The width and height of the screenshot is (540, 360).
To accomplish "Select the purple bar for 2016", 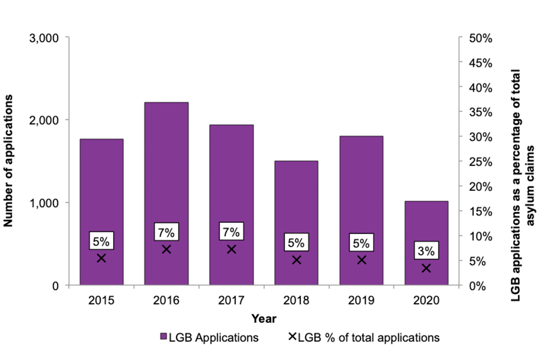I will tap(166, 169).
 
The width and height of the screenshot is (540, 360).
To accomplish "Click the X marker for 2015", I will tap(101, 258).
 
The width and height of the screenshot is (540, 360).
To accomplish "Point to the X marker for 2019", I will tap(362, 260).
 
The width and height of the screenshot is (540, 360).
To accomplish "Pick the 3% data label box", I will tap(426, 250).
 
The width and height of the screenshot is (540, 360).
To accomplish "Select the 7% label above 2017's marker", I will tap(231, 231).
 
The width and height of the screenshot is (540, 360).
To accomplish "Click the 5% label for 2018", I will tap(296, 243).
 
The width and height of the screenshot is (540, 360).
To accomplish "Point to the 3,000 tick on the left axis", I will tap(44, 38).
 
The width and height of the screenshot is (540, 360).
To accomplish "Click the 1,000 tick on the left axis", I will tap(44, 203).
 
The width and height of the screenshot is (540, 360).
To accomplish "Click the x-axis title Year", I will tap(264, 319).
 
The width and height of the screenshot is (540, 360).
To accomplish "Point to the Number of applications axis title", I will tap(9, 161).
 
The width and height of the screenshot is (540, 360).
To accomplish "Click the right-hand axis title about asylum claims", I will tap(523, 162).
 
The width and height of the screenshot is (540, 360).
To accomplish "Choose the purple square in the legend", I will tap(164, 337).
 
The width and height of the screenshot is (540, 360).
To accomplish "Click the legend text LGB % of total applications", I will tap(368, 337).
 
